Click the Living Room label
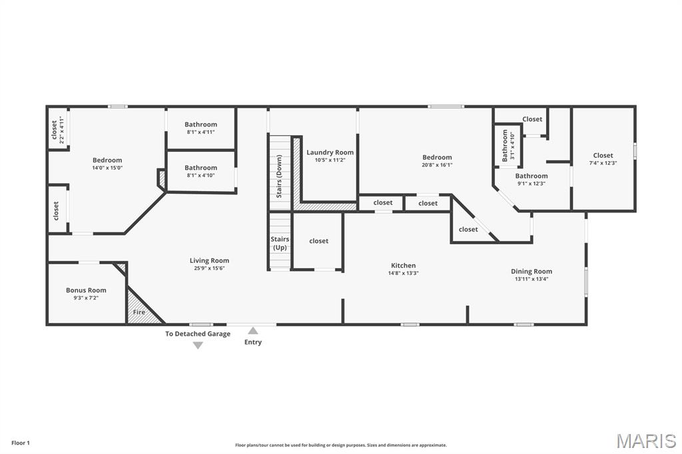209,260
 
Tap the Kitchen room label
403,265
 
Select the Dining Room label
531,272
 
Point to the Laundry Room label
330,152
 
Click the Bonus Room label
86,290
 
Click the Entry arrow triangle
252,331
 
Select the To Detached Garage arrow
198,345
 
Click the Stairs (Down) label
279,176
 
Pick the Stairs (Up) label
280,243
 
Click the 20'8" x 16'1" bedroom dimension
437,165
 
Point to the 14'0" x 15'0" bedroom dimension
107,168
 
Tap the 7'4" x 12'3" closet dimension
603,163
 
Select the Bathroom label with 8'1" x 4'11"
201,124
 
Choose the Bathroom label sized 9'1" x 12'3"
531,176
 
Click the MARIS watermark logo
646,441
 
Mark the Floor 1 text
21,443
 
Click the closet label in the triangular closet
468,229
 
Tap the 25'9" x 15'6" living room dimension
209,268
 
